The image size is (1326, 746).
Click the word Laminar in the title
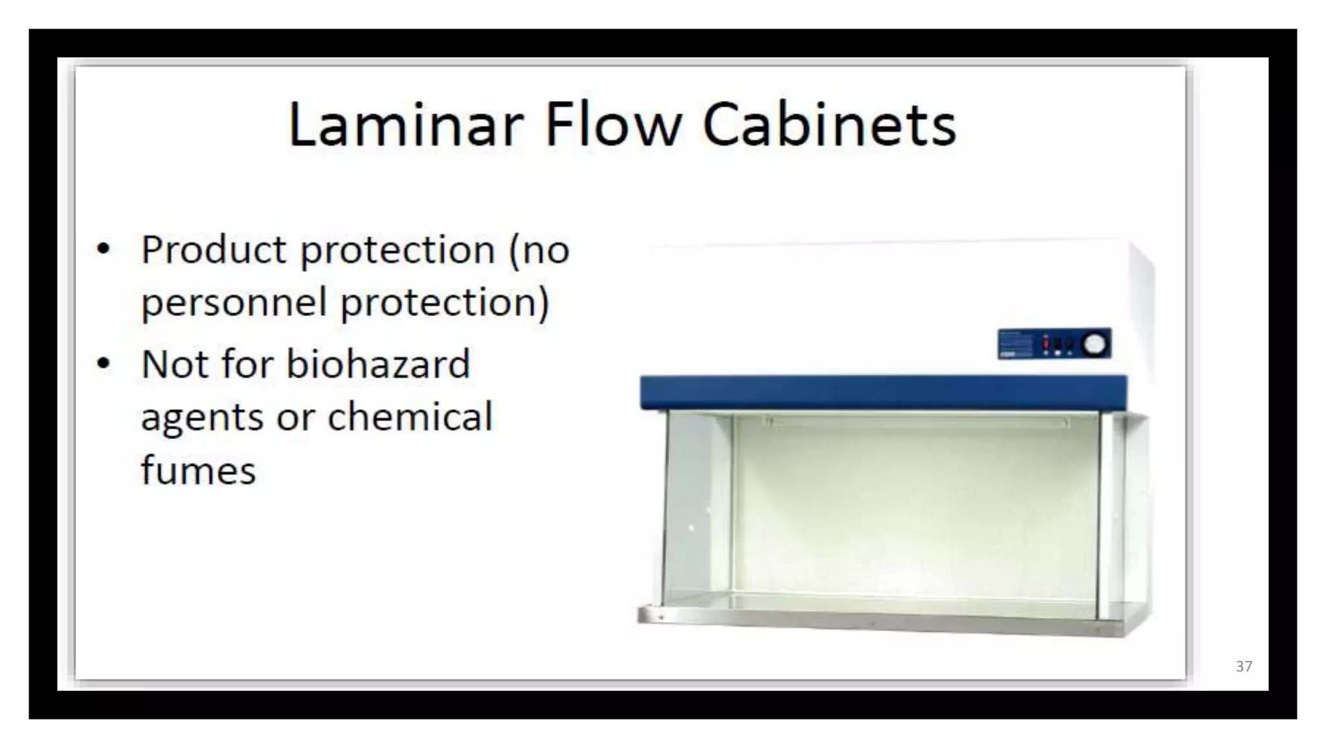click(405, 124)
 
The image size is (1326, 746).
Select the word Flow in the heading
click(613, 124)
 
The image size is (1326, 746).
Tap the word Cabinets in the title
click(829, 124)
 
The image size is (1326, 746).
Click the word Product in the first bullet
click(214, 250)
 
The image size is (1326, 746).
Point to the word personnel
click(234, 303)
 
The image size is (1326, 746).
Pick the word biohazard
click(378, 364)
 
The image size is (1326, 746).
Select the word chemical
click(410, 416)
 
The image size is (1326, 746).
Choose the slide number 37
click(1244, 666)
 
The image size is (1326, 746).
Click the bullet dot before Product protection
click(103, 249)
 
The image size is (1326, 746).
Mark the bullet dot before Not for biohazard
click(103, 363)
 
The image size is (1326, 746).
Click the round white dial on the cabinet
click(1095, 344)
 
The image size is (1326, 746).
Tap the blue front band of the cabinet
click(883, 392)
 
